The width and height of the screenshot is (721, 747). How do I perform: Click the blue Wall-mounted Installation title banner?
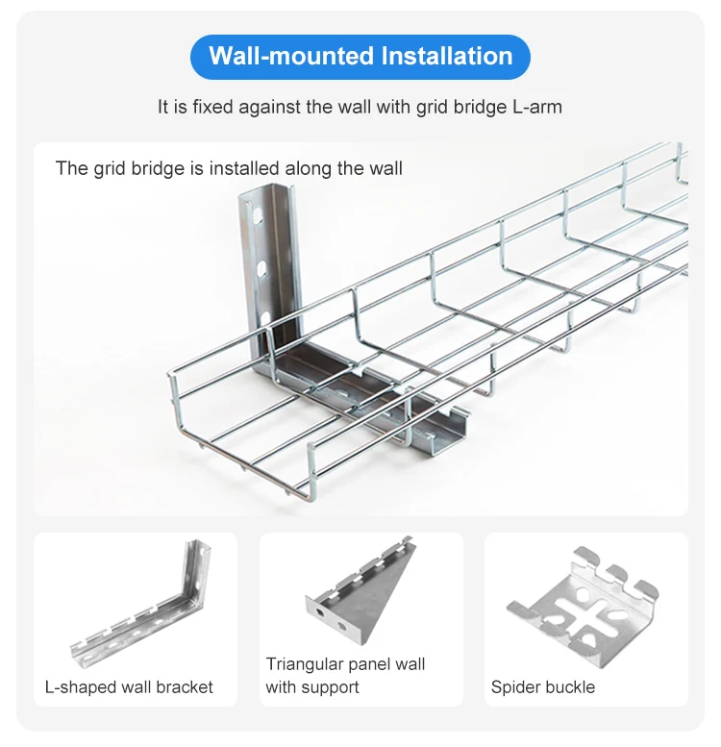pyautogui.click(x=360, y=57)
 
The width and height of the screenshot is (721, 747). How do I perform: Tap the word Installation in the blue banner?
pyautogui.click(x=447, y=57)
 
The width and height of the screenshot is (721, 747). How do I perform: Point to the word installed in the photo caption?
pyautogui.click(x=252, y=169)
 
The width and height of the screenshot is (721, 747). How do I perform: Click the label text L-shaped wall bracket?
pyautogui.click(x=129, y=687)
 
